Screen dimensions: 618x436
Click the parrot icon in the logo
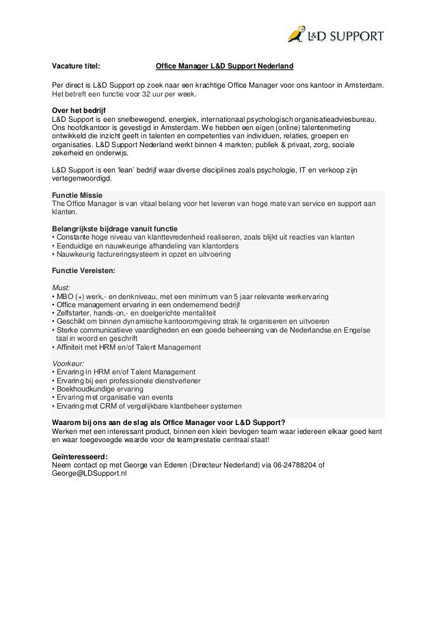(x=296, y=34)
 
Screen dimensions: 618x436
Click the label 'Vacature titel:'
(x=76, y=66)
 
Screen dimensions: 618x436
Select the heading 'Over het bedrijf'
(x=79, y=110)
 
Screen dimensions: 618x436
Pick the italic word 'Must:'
(x=62, y=287)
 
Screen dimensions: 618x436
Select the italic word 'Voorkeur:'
(x=68, y=363)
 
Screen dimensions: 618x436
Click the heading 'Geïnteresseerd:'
(x=79, y=456)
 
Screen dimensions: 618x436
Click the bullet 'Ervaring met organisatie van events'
(x=116, y=397)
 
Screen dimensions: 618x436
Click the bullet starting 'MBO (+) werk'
(x=191, y=296)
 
